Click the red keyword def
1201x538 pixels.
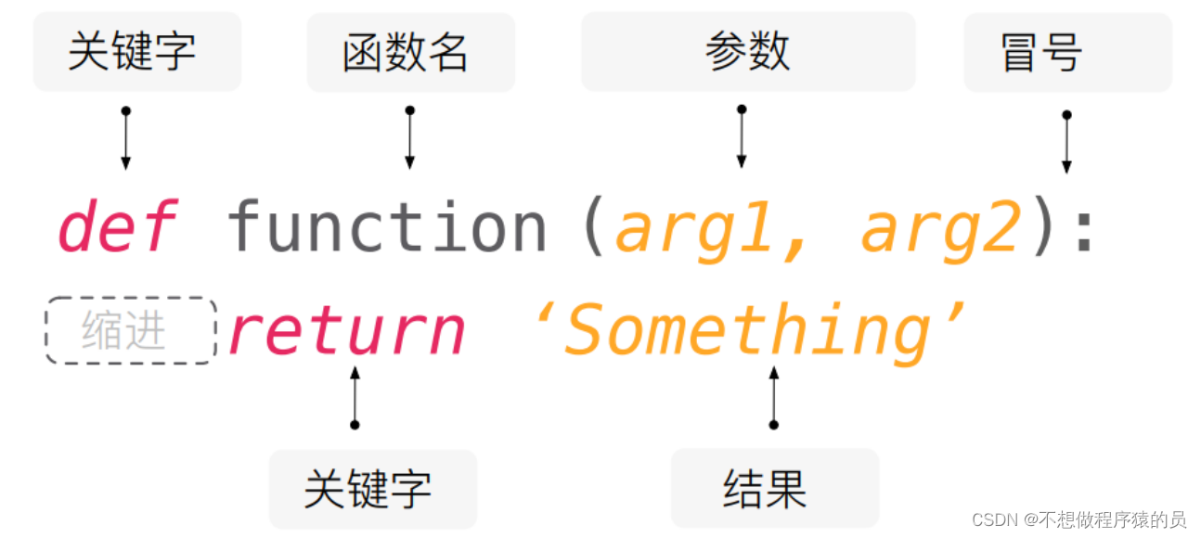(x=117, y=227)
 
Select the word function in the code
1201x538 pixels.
(x=387, y=227)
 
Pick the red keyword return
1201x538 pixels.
(x=346, y=330)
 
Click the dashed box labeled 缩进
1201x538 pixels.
(x=130, y=331)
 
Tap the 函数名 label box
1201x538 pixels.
(x=410, y=52)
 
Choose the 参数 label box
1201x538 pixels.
(x=747, y=52)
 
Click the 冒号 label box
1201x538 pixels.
(x=1067, y=52)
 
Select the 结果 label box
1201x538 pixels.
(x=774, y=488)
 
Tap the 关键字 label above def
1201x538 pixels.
(x=136, y=52)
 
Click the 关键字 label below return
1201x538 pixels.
(x=372, y=488)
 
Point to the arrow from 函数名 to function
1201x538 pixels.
(x=409, y=137)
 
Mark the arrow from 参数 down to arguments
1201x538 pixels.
(x=741, y=136)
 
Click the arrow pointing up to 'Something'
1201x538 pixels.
(x=773, y=397)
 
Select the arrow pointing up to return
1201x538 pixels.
(x=354, y=397)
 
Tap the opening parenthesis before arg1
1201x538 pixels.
(x=592, y=227)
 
